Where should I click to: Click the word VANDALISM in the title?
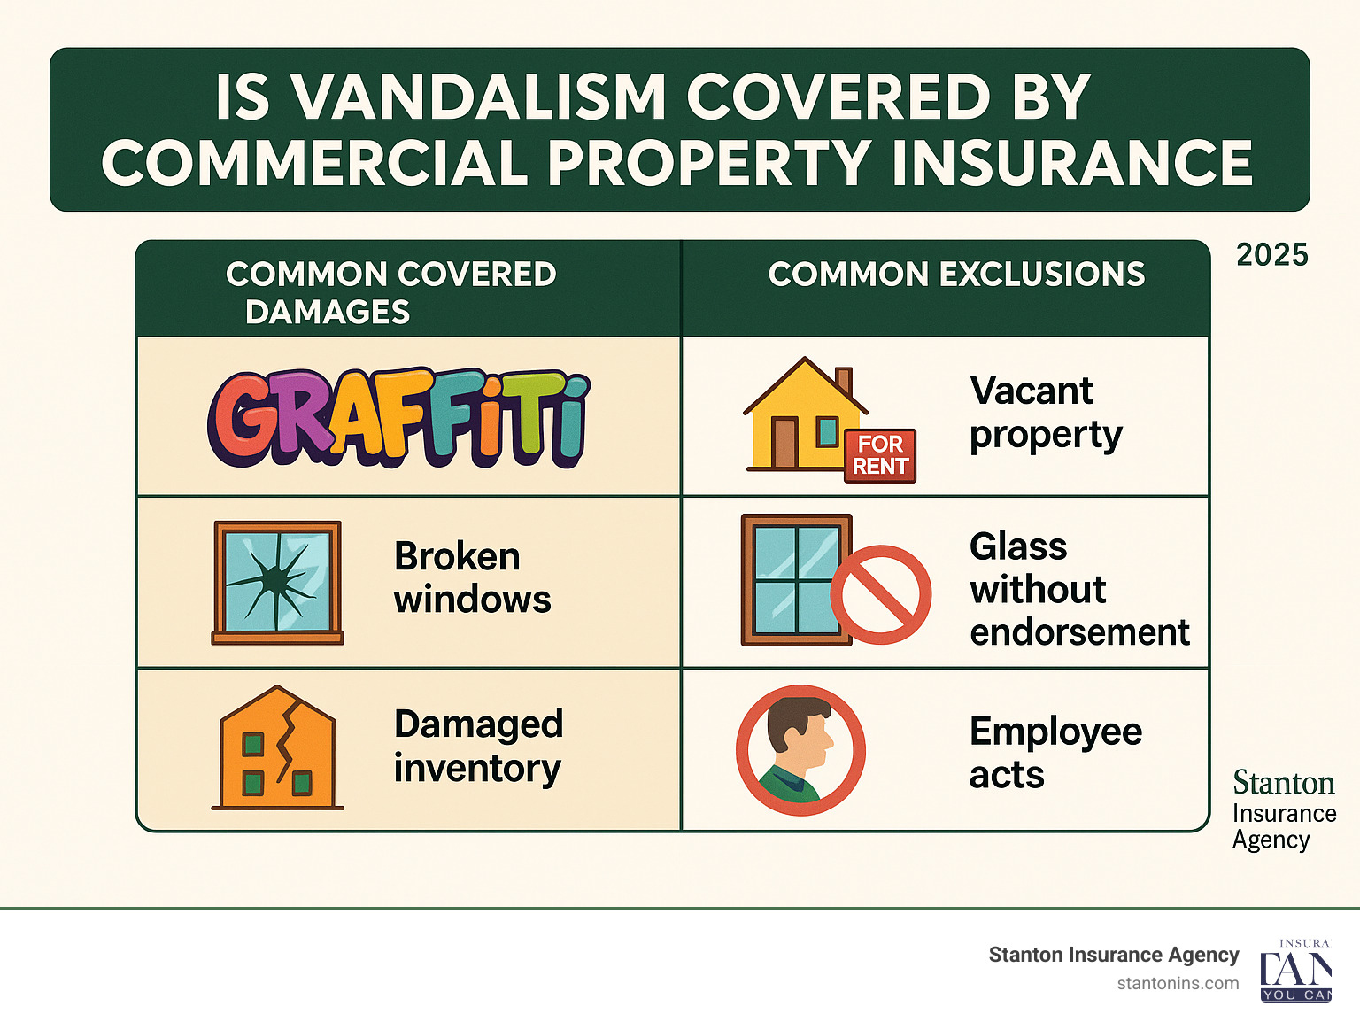(478, 97)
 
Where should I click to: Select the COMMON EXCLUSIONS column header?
(956, 274)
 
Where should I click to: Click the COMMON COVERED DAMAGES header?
(391, 292)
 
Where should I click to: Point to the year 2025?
(1272, 255)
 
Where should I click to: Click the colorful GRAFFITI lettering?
(398, 418)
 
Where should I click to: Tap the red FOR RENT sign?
(880, 455)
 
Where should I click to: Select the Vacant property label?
(1046, 413)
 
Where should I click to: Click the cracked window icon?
(277, 583)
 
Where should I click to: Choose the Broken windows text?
(472, 577)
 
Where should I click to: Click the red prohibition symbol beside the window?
(880, 594)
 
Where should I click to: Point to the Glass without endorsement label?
(1079, 589)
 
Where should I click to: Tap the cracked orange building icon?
(277, 747)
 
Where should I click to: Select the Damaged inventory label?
(478, 746)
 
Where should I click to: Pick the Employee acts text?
(1055, 753)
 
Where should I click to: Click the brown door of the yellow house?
(784, 443)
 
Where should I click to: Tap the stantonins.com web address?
(1178, 984)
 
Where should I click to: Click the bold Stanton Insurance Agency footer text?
(1113, 955)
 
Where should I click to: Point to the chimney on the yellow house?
(844, 382)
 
